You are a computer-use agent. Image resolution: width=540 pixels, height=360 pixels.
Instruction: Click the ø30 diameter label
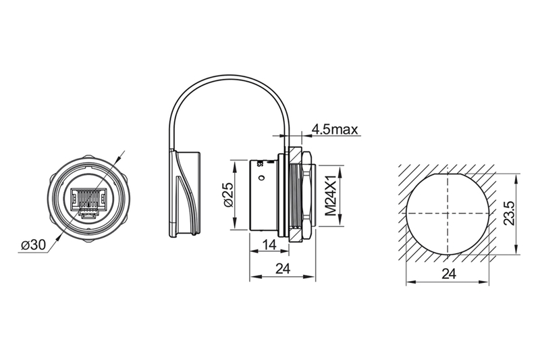(33, 245)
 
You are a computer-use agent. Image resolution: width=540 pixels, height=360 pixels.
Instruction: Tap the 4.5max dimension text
(335, 130)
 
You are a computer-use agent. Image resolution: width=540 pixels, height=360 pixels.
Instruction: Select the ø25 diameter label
(228, 195)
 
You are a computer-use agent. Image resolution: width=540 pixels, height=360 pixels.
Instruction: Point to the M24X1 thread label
(331, 195)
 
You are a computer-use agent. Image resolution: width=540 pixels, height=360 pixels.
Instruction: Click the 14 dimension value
(269, 245)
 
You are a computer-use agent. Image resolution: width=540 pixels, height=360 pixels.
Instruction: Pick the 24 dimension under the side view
(283, 269)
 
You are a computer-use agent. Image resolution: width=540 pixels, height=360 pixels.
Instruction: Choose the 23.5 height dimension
(510, 214)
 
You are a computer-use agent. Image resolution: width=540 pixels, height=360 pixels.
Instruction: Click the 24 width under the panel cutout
(449, 274)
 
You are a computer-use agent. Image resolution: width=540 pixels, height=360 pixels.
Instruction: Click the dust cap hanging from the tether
(184, 194)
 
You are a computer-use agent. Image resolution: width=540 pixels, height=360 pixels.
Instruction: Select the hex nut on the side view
(301, 194)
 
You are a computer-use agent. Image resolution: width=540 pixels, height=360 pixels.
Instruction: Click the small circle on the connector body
(261, 178)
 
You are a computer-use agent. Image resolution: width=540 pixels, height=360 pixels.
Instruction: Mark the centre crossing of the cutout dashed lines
(448, 213)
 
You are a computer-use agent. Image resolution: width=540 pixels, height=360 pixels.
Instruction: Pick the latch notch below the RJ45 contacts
(88, 215)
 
